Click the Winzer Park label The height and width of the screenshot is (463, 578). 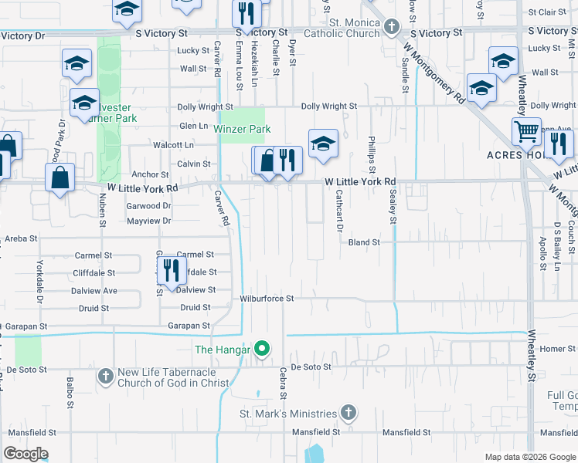click(242, 129)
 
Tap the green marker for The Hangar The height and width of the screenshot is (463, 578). click(262, 350)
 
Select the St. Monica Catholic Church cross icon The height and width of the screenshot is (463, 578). click(392, 27)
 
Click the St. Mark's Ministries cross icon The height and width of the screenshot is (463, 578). click(348, 413)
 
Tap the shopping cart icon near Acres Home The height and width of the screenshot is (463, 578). click(526, 131)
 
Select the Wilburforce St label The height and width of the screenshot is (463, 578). click(267, 298)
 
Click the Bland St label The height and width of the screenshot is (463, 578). click(364, 242)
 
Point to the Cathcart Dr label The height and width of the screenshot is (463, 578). click(338, 211)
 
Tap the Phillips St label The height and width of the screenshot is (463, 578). click(372, 154)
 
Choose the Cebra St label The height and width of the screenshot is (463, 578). click(284, 383)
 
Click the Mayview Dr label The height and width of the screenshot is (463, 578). click(148, 221)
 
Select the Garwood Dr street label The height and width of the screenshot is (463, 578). click(149, 206)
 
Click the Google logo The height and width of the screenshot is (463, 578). click(25, 454)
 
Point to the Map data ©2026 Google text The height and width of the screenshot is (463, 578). click(529, 457)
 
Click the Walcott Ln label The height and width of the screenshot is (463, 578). click(173, 144)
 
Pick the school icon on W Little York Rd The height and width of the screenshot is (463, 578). click(324, 143)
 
